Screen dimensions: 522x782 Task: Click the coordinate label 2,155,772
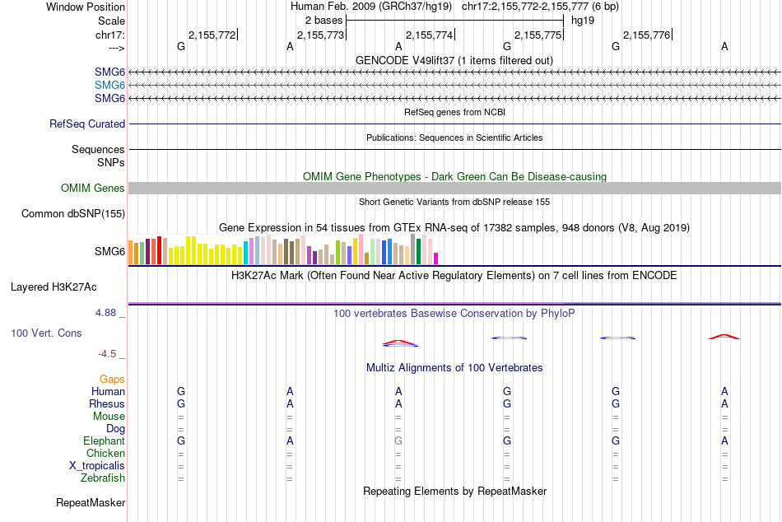click(x=212, y=35)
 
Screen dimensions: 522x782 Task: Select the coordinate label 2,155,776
click(x=647, y=35)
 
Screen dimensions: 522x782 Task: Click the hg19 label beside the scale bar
click(x=583, y=20)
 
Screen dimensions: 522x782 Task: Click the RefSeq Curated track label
click(x=87, y=124)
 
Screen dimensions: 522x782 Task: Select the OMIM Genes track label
click(x=93, y=189)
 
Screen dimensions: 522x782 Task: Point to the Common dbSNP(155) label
click(x=73, y=214)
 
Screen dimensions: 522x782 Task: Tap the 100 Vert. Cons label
click(x=46, y=333)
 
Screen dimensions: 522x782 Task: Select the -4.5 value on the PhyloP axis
click(x=107, y=354)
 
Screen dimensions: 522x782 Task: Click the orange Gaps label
click(x=113, y=379)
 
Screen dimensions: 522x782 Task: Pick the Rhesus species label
click(x=107, y=404)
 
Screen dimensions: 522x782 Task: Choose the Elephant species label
click(x=104, y=441)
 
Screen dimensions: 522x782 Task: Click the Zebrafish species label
click(x=103, y=478)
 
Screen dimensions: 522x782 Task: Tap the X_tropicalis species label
click(x=97, y=466)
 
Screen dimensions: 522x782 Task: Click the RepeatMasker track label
click(x=91, y=502)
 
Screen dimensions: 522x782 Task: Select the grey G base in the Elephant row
click(x=398, y=441)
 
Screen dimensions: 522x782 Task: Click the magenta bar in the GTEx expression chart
click(x=436, y=258)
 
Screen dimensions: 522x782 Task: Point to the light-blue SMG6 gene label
click(x=109, y=85)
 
